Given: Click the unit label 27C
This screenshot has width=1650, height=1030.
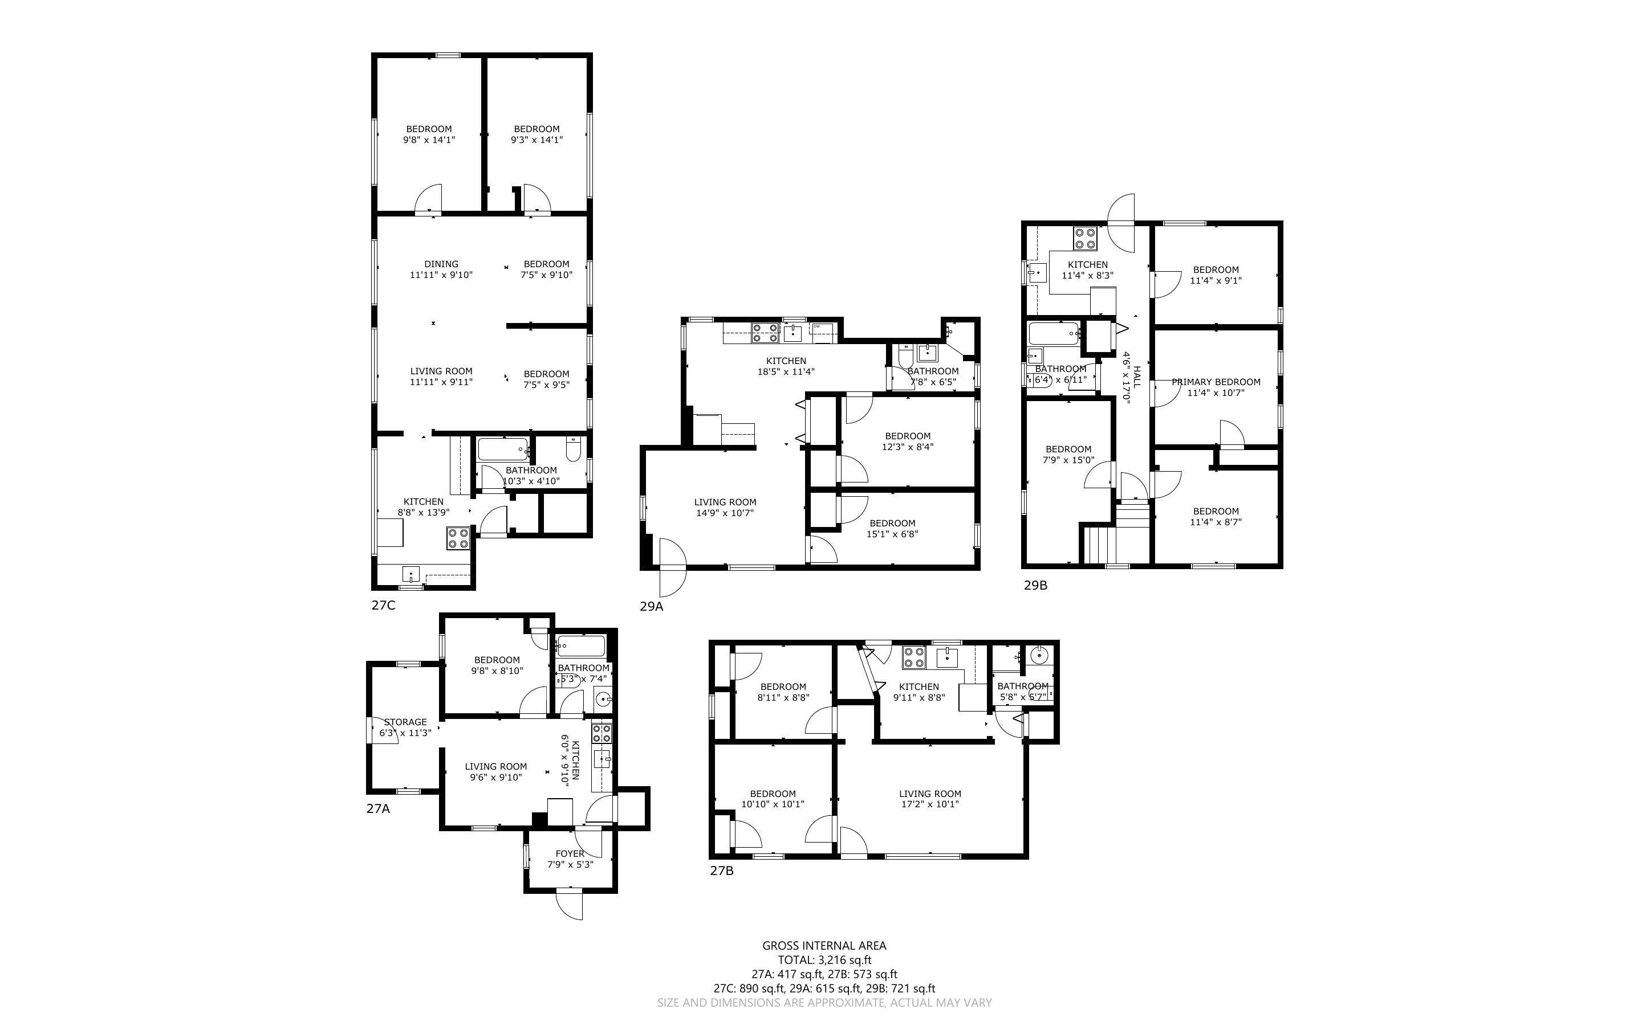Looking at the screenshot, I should (x=383, y=605).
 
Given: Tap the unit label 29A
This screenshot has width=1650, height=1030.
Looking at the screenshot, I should (x=651, y=606).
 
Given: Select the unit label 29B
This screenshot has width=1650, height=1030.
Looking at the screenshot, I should (x=1035, y=585).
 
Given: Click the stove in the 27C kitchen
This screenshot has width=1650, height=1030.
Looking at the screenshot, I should (x=458, y=538).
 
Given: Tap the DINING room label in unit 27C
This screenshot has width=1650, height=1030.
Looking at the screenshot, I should (x=441, y=264).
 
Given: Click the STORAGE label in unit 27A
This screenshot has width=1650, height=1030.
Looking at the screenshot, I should (x=405, y=722).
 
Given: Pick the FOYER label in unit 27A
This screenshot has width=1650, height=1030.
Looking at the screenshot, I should (x=570, y=853).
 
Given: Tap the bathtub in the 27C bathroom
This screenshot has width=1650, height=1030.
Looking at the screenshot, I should (x=503, y=449).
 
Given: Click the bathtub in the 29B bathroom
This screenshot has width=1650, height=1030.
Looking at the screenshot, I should (x=1053, y=334).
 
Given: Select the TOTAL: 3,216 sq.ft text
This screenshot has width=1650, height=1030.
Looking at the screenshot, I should (x=824, y=960).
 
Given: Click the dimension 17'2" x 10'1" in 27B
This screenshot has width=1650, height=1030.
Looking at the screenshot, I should (x=929, y=804).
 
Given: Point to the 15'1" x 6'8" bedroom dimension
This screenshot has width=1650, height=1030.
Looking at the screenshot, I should (x=892, y=534).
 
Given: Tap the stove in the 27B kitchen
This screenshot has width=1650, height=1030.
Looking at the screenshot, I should (x=914, y=657).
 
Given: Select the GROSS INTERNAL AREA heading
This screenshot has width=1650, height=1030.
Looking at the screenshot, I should (x=824, y=946).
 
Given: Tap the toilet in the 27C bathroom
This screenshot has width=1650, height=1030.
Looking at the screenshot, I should (x=573, y=450).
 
